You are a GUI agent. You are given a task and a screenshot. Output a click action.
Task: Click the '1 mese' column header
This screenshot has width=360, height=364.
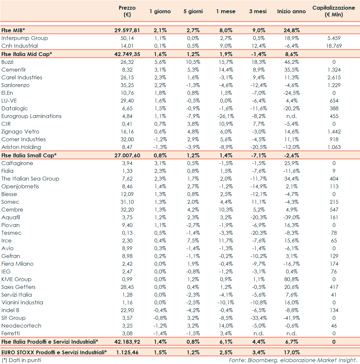click(x=226, y=11)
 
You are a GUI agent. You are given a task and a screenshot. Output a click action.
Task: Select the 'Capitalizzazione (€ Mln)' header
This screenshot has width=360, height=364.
click(x=334, y=11)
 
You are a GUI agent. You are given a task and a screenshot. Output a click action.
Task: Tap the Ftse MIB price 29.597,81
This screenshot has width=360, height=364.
click(x=127, y=30)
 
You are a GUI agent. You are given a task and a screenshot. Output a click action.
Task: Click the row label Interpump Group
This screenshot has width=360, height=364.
click(x=24, y=38)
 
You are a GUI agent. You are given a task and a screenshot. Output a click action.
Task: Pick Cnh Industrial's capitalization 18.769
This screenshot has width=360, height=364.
click(x=334, y=46)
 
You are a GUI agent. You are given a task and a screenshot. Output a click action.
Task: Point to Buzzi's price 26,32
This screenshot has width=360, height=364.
click(x=127, y=62)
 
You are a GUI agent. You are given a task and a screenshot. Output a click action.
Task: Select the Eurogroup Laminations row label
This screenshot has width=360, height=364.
click(x=31, y=116)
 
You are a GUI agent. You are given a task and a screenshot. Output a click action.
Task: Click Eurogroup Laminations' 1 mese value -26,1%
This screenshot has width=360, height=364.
click(x=226, y=116)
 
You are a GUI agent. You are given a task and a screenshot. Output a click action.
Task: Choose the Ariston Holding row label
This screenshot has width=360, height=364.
click(x=21, y=147)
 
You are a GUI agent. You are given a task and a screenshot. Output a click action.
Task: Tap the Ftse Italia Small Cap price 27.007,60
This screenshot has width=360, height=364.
click(x=127, y=155)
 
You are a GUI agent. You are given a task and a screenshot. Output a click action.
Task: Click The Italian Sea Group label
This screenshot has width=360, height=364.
click(x=30, y=179)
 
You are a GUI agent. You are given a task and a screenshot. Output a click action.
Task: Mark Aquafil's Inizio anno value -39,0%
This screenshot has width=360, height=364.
click(x=291, y=217)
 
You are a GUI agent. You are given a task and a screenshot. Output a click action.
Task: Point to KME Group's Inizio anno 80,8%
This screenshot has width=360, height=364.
click(x=291, y=279)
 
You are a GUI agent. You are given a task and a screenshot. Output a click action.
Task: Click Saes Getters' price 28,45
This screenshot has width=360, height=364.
click(x=127, y=287)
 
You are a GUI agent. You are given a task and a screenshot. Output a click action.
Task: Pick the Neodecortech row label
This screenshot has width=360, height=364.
click(x=21, y=326)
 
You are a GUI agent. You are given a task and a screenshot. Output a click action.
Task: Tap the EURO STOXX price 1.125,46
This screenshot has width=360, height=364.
click(x=127, y=352)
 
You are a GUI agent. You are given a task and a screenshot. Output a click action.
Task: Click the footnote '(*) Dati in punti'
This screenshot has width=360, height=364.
click(x=21, y=360)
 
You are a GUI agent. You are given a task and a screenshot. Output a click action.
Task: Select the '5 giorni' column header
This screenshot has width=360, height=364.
click(x=193, y=11)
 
